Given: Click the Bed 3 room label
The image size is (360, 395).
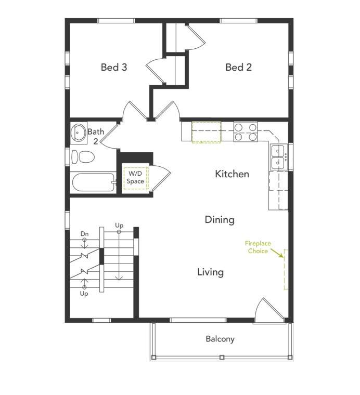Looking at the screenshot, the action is tap(114, 67).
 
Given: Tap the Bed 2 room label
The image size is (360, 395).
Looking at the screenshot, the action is tap(238, 67).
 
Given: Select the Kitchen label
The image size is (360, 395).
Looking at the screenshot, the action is tap(232, 174).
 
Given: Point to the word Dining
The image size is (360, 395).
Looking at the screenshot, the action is tap(220, 220).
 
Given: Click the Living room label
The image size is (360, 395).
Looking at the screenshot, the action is tap(210, 272).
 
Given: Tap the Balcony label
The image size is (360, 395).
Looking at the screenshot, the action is tap(220, 339).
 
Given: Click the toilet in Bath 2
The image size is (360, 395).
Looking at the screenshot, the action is tap(83, 157).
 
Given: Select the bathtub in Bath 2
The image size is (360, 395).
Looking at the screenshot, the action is tap(93, 182).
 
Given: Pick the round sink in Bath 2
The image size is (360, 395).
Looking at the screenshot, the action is tap(79, 131).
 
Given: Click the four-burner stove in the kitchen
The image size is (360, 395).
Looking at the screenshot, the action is tap(246, 132).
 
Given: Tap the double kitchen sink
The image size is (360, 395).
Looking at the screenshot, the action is tap(278, 156).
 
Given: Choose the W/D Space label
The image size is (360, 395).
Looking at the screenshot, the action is tap(135, 177).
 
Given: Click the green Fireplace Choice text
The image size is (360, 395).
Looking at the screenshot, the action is tap(258, 247).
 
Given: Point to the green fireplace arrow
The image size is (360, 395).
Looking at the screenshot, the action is tap(277, 253).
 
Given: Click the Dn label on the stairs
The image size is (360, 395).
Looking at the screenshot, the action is tap(84, 234).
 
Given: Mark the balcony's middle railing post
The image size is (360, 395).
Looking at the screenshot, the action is tap(222, 357).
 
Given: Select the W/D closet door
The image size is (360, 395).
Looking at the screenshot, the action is tap(160, 178).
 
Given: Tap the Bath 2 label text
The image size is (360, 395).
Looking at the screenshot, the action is tap(96, 137).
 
